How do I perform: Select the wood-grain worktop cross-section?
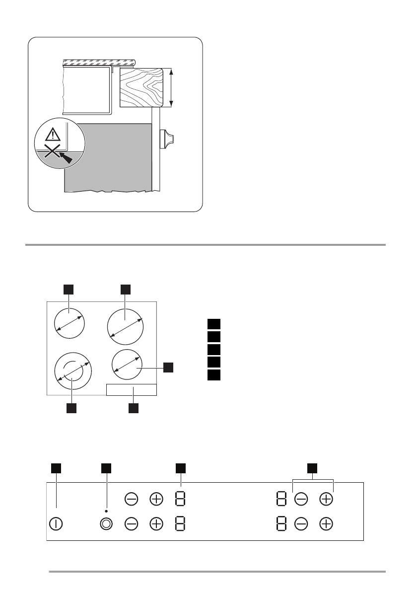coord(142,88)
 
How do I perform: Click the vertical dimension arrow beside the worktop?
coord(172,88)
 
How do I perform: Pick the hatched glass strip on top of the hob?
coord(99,62)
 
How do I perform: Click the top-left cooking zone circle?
coord(69,323)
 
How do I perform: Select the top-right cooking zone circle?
coord(126,326)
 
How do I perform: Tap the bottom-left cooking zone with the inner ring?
coord(72,373)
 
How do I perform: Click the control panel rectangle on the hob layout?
coord(132,389)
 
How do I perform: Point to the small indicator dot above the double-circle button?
coord(106,510)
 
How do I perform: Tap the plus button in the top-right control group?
coord(326,499)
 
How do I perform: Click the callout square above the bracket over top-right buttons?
coord(312,468)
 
